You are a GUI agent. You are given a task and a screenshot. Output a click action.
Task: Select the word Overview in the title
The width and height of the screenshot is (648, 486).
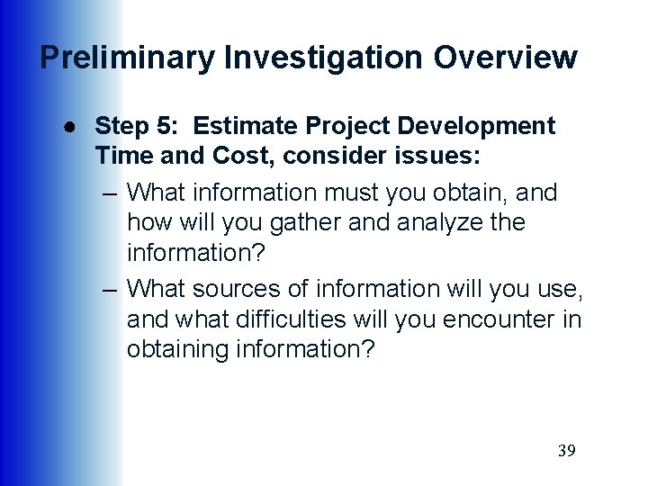point(505,58)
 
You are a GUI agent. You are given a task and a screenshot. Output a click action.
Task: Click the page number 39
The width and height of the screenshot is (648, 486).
point(566,451)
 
